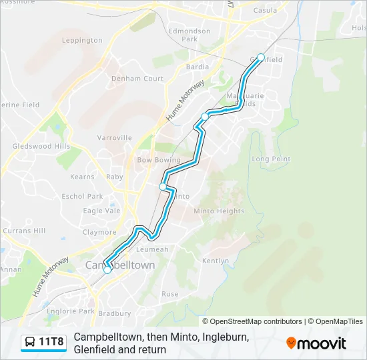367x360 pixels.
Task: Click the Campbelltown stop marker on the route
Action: (107, 270)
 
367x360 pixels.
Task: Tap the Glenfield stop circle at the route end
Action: (261, 57)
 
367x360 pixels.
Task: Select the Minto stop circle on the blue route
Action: (163, 187)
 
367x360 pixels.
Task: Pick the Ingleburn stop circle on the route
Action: (205, 116)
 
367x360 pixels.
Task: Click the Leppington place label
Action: (82, 40)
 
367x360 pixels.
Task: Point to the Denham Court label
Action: (137, 79)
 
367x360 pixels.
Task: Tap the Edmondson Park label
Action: (190, 35)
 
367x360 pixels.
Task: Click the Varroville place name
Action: (115, 137)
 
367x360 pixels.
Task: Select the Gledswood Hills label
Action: (41, 146)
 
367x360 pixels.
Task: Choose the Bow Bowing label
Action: (158, 160)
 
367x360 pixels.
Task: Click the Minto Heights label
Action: (219, 211)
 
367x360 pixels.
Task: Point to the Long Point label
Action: (271, 159)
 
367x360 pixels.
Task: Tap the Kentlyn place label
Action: (215, 261)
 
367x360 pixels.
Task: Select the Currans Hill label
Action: (23, 231)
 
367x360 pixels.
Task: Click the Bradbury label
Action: (114, 313)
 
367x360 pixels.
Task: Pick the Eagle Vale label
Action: (101, 211)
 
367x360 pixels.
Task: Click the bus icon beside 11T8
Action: (30, 343)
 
